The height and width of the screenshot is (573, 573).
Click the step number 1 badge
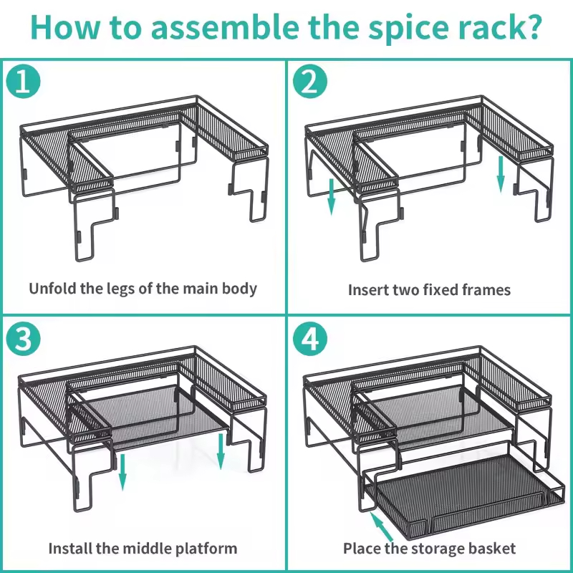24,82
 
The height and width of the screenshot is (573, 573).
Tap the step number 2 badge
309,82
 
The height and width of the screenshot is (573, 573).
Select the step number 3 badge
24,340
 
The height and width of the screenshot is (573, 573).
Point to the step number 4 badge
309,340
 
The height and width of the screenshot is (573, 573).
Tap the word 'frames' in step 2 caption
486,290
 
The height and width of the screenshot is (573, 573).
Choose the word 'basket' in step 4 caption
491,549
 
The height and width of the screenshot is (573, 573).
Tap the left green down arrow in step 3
122,470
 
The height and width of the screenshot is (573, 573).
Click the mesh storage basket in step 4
458,501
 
